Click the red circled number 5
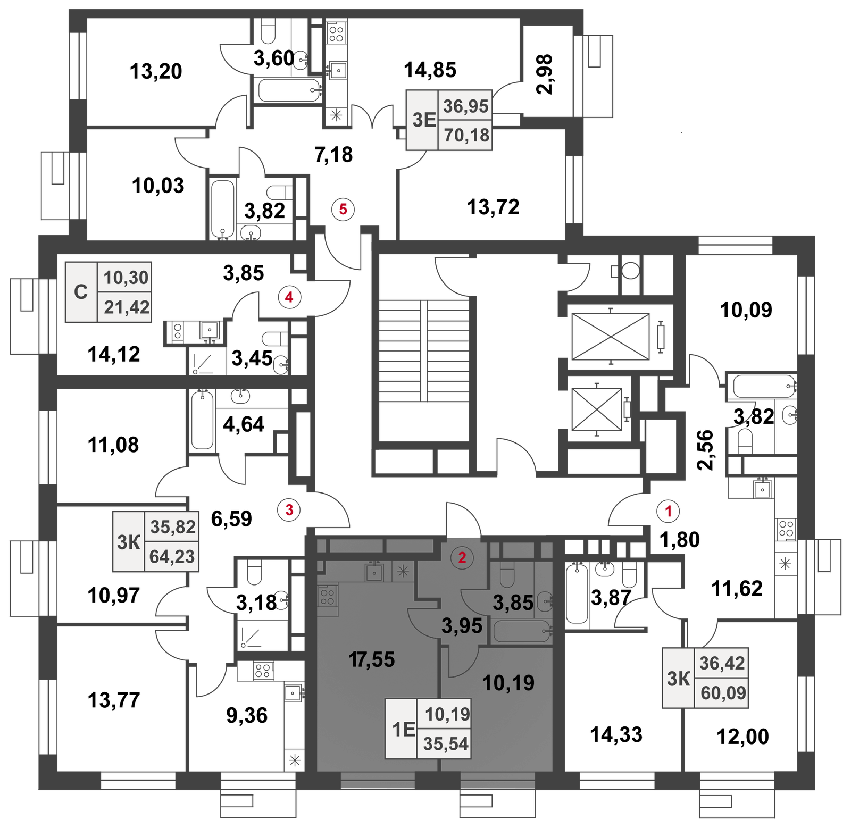tap(343, 209)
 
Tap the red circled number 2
tap(462, 557)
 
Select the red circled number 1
tap(669, 511)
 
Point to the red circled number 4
tap(289, 297)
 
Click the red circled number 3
tap(289, 510)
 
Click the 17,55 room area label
tap(372, 659)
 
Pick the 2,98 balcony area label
tap(545, 74)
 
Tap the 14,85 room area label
tap(430, 70)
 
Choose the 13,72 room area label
tap(493, 207)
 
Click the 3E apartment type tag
tap(424, 120)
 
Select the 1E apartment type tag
tap(404, 729)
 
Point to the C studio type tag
tap(81, 292)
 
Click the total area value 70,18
tap(466, 135)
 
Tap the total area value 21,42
tap(127, 307)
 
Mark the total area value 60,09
tap(723, 693)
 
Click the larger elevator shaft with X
tap(611, 337)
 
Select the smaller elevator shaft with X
tap(596, 409)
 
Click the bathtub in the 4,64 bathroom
tap(202, 420)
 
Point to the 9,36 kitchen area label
tap(247, 715)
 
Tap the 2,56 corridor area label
tap(705, 450)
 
